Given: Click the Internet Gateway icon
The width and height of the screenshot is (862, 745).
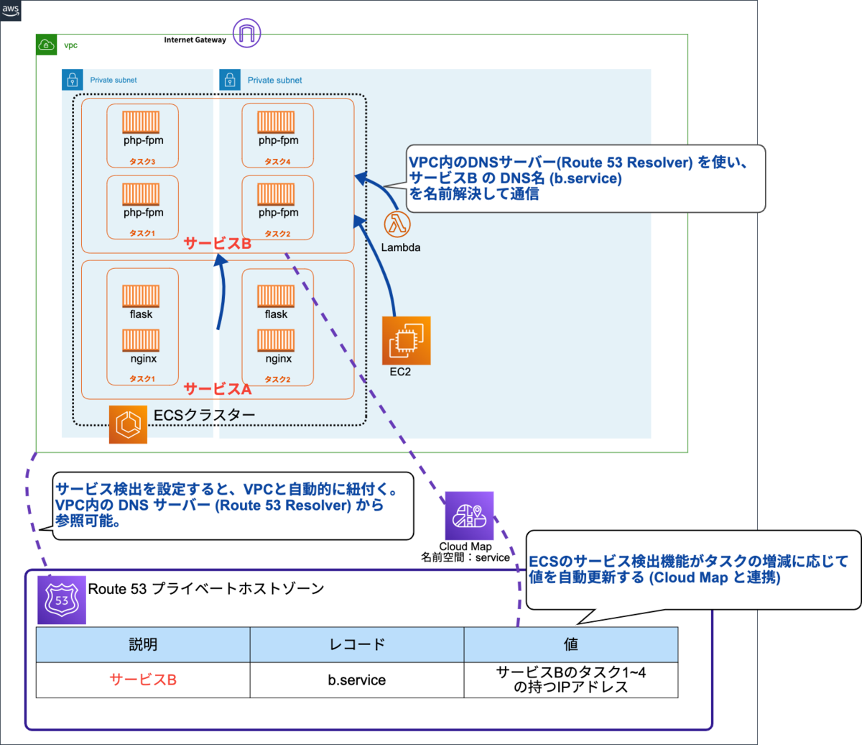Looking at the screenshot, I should [247, 33].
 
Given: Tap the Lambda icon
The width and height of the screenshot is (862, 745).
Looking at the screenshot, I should [397, 224].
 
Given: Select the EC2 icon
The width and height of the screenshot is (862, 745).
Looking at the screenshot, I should [406, 341].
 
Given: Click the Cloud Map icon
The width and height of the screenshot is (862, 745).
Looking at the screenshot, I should [469, 516].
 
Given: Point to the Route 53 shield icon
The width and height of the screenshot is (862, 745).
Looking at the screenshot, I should [62, 600].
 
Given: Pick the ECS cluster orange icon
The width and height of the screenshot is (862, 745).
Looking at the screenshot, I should [128, 424].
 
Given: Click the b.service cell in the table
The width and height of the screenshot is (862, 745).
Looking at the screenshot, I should [357, 680].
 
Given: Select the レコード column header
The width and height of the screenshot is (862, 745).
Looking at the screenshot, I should [357, 644].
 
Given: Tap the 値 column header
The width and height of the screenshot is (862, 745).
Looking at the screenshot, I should [571, 644].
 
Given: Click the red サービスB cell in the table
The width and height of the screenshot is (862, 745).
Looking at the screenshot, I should [143, 680].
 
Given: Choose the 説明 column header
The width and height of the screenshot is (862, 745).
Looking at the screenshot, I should [143, 644].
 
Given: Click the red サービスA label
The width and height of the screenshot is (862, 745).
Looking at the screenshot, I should [218, 389].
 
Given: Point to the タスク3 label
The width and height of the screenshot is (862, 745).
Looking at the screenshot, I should [142, 162].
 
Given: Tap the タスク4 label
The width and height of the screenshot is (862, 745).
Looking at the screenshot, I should [277, 162].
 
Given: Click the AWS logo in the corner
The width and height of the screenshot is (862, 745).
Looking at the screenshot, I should [11, 10].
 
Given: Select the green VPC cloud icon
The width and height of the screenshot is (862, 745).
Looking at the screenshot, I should [47, 45].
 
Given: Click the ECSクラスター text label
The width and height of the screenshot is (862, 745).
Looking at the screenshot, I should [205, 416].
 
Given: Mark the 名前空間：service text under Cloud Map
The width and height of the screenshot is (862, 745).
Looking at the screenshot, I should [465, 557].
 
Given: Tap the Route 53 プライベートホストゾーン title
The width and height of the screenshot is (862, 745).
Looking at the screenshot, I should [206, 589].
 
